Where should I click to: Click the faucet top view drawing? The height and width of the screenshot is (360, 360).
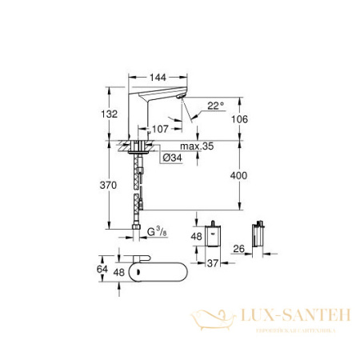pyautogui.click(x=157, y=273)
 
